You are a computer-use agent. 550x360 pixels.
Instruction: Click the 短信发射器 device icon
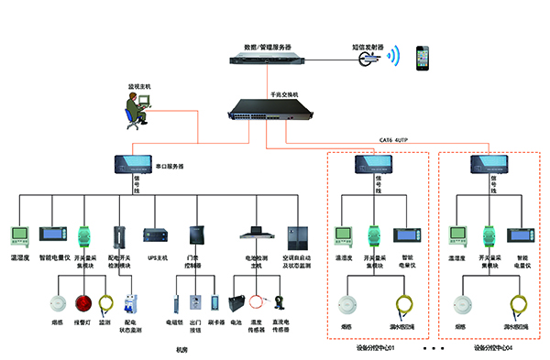(x=367, y=57)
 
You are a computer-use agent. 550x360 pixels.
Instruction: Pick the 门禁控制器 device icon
(x=196, y=237)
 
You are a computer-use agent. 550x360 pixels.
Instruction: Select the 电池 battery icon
(x=236, y=303)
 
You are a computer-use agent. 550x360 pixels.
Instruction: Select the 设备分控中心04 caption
(x=490, y=348)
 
